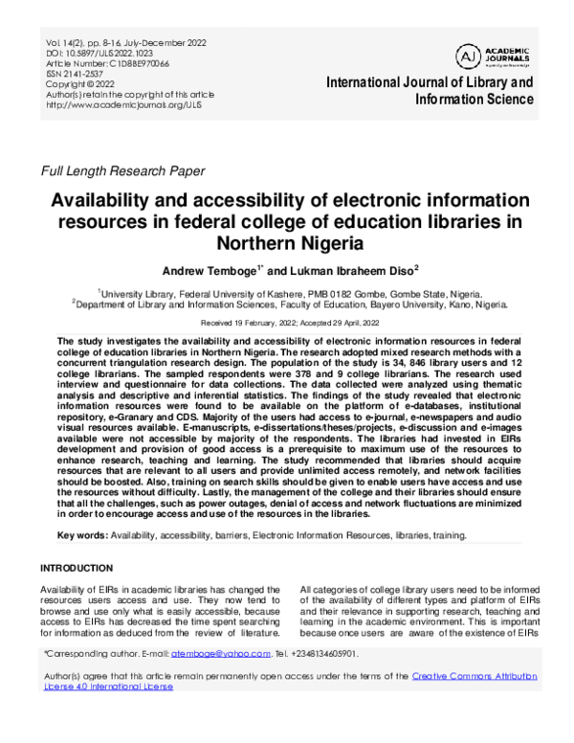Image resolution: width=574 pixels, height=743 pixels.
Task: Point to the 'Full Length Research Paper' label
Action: click(x=122, y=171)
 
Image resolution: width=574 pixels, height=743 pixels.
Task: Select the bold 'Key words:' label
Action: click(x=82, y=535)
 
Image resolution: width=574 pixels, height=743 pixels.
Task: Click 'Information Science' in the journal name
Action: click(x=474, y=100)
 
